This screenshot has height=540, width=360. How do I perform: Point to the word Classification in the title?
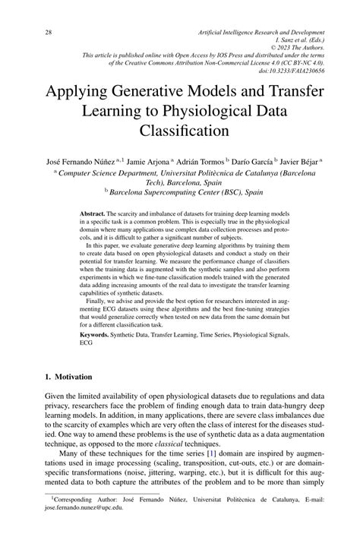point(180,131)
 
